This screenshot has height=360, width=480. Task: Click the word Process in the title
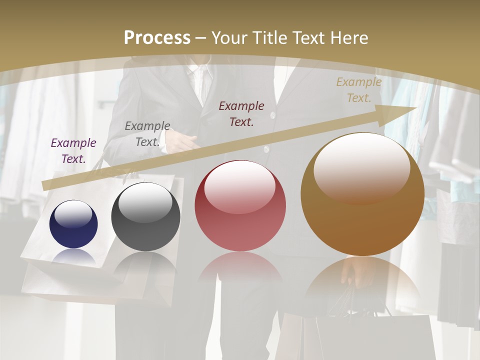tap(157, 38)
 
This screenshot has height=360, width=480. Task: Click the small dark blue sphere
tap(73, 224)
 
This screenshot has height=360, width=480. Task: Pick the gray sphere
tap(145, 217)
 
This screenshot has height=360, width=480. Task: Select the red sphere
tap(240, 206)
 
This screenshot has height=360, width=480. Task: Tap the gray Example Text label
tap(147, 134)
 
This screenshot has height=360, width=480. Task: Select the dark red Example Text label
tap(241, 114)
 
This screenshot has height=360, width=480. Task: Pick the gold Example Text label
tap(359, 90)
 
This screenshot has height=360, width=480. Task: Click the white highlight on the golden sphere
tap(361, 167)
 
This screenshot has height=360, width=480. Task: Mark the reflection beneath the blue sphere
tap(74, 257)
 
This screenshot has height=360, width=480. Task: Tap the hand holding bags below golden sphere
tap(353, 272)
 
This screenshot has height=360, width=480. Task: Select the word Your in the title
tap(230, 38)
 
